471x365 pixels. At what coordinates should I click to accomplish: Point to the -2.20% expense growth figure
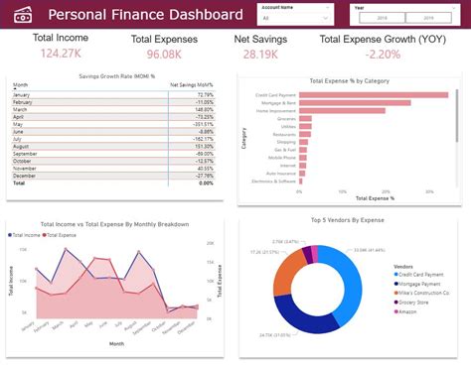point(382,54)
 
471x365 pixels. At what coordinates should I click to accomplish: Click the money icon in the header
point(22,14)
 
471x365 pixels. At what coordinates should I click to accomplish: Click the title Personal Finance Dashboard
point(145,15)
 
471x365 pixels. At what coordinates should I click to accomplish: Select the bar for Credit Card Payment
point(373,95)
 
